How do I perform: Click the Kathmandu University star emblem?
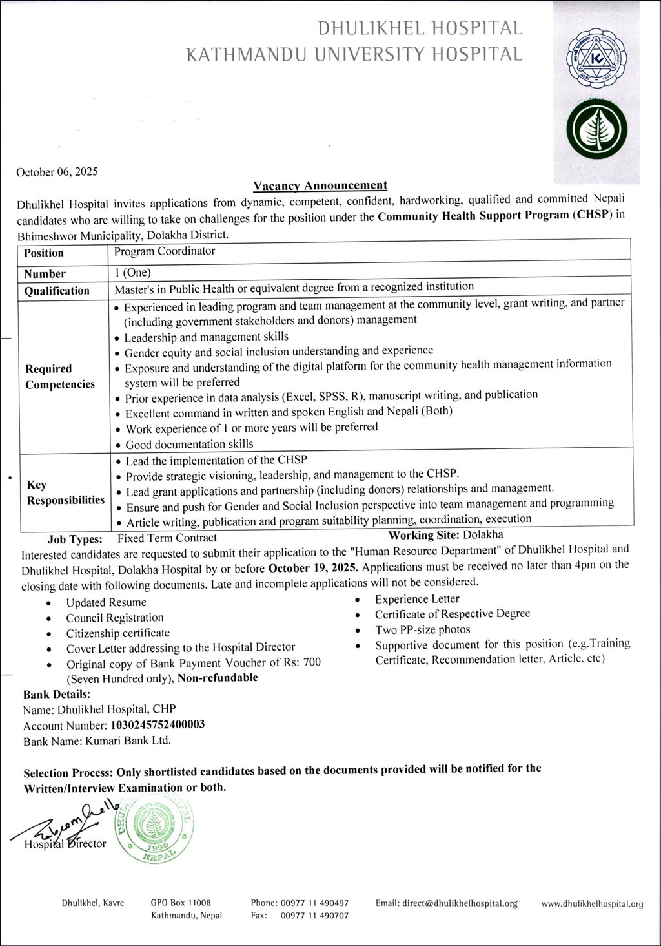click(593, 62)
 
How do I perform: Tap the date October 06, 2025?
click(57, 172)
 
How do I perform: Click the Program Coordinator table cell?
click(165, 251)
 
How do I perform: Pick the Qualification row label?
click(57, 291)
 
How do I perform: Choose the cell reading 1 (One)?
click(132, 273)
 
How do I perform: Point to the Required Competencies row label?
click(59, 377)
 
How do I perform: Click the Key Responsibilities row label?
click(65, 492)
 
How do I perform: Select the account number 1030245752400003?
click(158, 724)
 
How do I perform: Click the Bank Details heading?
click(57, 695)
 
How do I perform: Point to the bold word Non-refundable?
click(218, 677)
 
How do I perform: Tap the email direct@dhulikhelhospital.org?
click(447, 903)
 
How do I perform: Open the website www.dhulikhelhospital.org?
click(592, 904)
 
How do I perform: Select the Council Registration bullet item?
click(114, 618)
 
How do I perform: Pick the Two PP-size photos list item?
click(422, 629)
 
